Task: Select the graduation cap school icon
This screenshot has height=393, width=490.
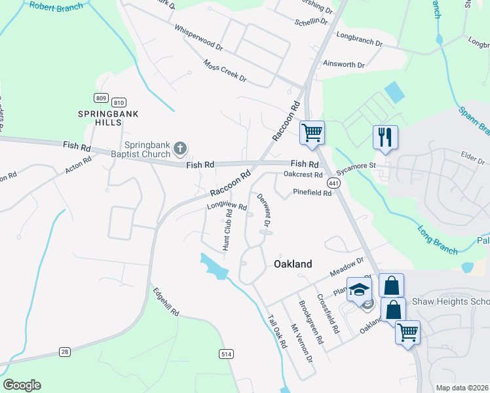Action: pos(360,290)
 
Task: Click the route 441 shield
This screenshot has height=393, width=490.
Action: pos(334,185)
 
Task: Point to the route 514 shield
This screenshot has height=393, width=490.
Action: pos(227,354)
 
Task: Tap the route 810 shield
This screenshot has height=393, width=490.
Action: pos(119,102)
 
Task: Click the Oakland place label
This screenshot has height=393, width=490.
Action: pos(292,263)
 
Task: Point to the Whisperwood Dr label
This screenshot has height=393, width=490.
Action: pos(198,39)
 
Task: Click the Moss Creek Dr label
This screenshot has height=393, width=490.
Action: pos(225,71)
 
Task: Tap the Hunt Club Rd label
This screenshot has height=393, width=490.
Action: pos(227,230)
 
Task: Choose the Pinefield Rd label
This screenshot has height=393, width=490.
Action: pos(312,193)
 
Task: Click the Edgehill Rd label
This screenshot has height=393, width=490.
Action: pos(166,303)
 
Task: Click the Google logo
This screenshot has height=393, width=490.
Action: pos(22,385)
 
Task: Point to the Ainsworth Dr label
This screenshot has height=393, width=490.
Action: pos(343,64)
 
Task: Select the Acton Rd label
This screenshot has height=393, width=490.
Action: pos(78,165)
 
